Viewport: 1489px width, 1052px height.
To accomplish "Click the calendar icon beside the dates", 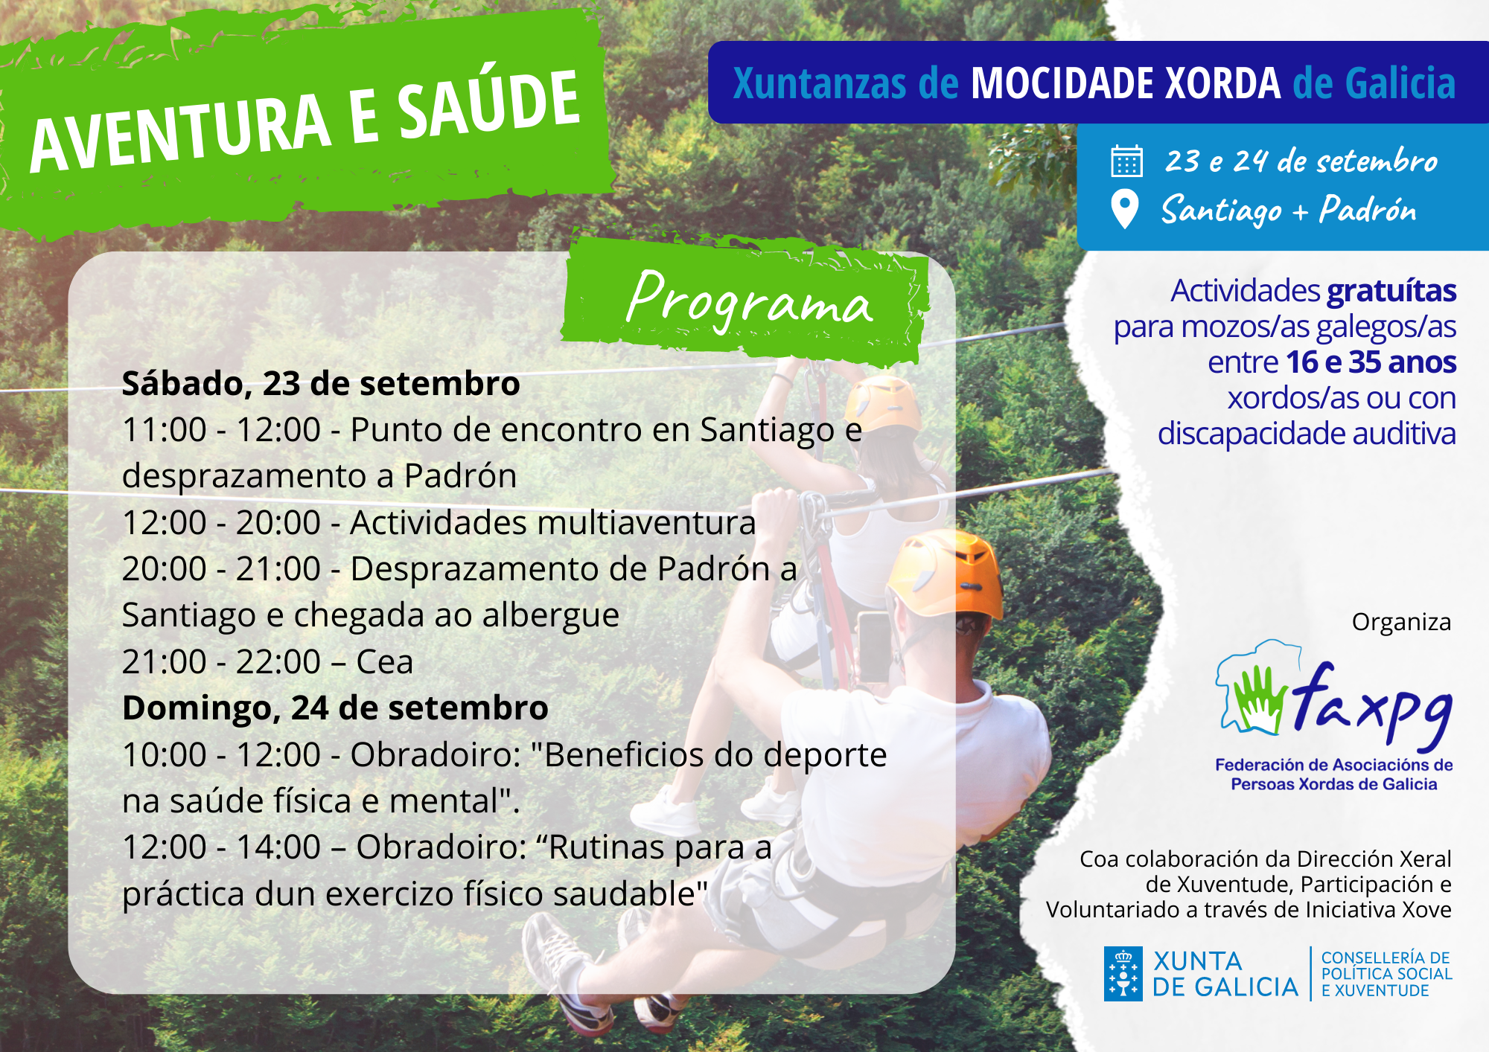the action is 1126,161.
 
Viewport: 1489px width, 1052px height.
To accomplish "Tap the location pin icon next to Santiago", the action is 1124,209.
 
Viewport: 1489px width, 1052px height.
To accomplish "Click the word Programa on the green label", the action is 749,301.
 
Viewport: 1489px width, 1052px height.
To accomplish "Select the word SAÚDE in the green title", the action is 488,106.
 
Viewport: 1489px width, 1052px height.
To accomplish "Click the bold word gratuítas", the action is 1391,291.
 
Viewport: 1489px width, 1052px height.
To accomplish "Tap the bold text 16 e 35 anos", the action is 1371,362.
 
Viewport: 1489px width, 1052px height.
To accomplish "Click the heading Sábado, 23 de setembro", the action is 321,384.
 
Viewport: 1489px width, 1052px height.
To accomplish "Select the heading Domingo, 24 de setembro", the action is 335,708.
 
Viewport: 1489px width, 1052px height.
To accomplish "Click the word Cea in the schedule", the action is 384,662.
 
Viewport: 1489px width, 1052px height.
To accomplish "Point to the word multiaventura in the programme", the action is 553,522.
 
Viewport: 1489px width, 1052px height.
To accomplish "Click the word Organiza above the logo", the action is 1401,622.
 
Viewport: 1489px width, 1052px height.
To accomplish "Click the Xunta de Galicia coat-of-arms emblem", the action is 1123,974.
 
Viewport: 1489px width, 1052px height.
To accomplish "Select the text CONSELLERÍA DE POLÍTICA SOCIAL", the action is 1386,966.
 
